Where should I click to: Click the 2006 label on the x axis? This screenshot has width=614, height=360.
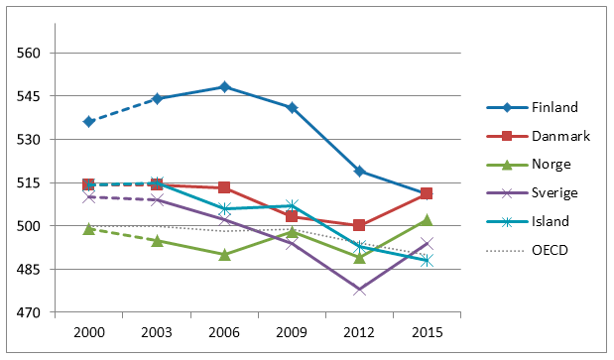point(224,332)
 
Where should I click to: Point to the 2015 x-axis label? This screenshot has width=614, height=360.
point(427,332)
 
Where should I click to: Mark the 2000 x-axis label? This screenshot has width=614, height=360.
point(88,332)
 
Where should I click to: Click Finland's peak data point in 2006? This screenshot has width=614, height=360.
point(224,87)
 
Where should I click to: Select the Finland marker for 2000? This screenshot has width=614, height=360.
point(88,121)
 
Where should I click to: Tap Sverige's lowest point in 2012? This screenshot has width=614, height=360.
point(359,290)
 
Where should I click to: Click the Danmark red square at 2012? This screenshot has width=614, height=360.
point(359,225)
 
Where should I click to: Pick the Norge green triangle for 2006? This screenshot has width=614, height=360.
point(224,255)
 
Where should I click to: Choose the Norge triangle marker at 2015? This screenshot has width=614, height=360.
point(427,220)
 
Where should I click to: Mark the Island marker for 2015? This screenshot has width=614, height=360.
point(427,260)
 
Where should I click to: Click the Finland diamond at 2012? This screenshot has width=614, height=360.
point(359,171)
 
